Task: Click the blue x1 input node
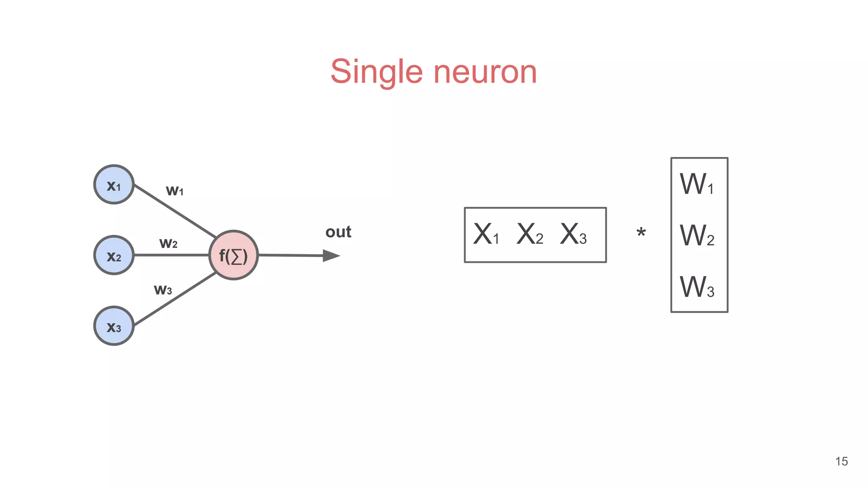[114, 185]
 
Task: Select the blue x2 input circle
[114, 255]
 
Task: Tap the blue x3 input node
[114, 326]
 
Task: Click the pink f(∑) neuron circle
[234, 255]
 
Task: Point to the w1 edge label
[175, 191]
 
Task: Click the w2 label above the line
[168, 243]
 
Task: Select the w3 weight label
[163, 290]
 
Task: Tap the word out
[338, 232]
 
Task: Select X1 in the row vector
[486, 234]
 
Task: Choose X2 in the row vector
[529, 234]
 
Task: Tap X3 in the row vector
[573, 234]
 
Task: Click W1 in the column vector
[697, 184]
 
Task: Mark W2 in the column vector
[697, 236]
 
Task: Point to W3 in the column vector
[697, 287]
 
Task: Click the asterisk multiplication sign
[641, 233]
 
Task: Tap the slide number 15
[841, 461]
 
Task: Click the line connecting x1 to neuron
[175, 211]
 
